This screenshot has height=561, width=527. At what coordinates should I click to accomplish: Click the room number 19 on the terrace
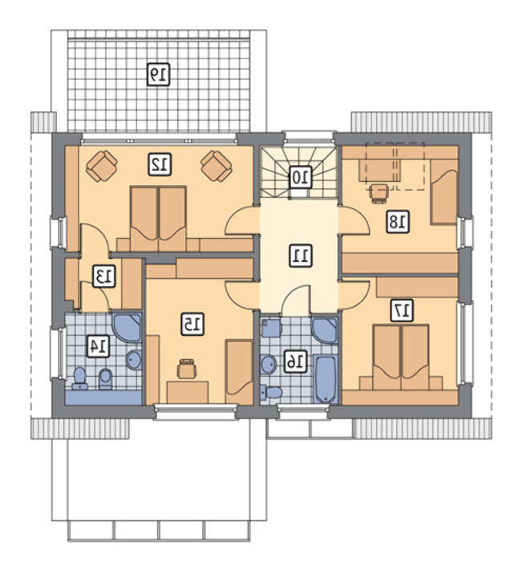pyautogui.click(x=159, y=75)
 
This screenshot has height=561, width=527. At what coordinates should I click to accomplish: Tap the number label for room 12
pyautogui.click(x=160, y=164)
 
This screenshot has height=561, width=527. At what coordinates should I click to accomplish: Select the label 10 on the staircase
pyautogui.click(x=300, y=177)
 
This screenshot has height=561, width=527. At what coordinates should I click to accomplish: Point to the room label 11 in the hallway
pyautogui.click(x=300, y=256)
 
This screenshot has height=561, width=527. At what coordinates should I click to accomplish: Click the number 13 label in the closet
pyautogui.click(x=104, y=276)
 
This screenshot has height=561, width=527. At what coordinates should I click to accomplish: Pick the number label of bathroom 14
pyautogui.click(x=99, y=345)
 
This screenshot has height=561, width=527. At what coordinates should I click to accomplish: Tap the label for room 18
pyautogui.click(x=398, y=222)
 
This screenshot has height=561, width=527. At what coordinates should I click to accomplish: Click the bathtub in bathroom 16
pyautogui.click(x=326, y=379)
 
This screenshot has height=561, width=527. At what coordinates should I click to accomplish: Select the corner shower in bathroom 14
pyautogui.click(x=128, y=327)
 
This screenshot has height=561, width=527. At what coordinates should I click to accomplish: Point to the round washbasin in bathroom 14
pyautogui.click(x=134, y=360)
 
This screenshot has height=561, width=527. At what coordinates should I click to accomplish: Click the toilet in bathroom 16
pyautogui.click(x=270, y=392)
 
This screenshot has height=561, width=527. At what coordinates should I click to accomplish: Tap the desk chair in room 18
pyautogui.click(x=379, y=194)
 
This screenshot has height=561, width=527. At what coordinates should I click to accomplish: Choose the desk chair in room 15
pyautogui.click(x=187, y=368)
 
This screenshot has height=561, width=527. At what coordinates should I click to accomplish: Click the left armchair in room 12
pyautogui.click(x=102, y=167)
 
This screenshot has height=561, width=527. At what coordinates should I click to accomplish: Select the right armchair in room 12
pyautogui.click(x=217, y=167)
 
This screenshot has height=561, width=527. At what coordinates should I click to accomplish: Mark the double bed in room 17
pyautogui.click(x=401, y=357)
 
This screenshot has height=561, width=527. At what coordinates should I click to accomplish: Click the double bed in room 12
pyautogui.click(x=158, y=219)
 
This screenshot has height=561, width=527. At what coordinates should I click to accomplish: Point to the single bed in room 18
pyautogui.click(x=444, y=192)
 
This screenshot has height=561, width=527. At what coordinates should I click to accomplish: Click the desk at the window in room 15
pyautogui.click(x=188, y=393)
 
